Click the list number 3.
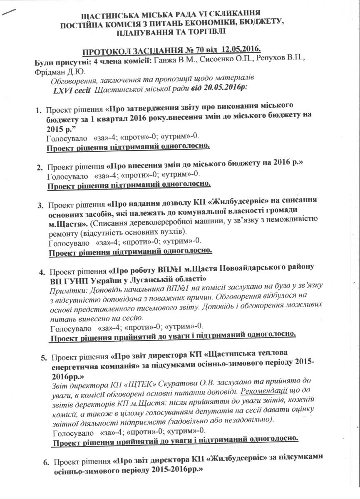click(41, 205)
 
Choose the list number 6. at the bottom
click(47, 462)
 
